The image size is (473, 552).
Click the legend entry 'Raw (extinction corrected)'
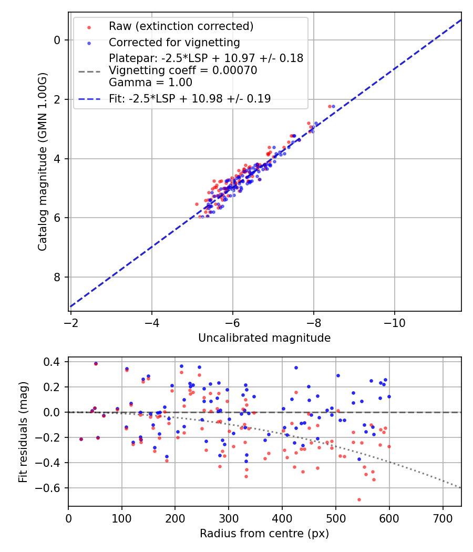(181, 26)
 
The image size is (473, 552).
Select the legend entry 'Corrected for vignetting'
(174, 43)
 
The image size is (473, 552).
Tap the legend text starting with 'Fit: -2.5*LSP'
(190, 99)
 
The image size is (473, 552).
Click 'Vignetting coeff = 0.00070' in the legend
(183, 70)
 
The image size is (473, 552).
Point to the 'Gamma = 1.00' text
(150, 83)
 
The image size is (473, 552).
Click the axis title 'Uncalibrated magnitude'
(264, 338)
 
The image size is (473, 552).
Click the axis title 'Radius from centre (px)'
(264, 534)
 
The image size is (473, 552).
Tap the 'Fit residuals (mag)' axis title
(23, 432)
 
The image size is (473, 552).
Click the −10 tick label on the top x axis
(395, 322)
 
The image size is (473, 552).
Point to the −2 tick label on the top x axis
(71, 322)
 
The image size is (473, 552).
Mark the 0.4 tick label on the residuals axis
(53, 362)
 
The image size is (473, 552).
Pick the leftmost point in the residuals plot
(81, 439)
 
